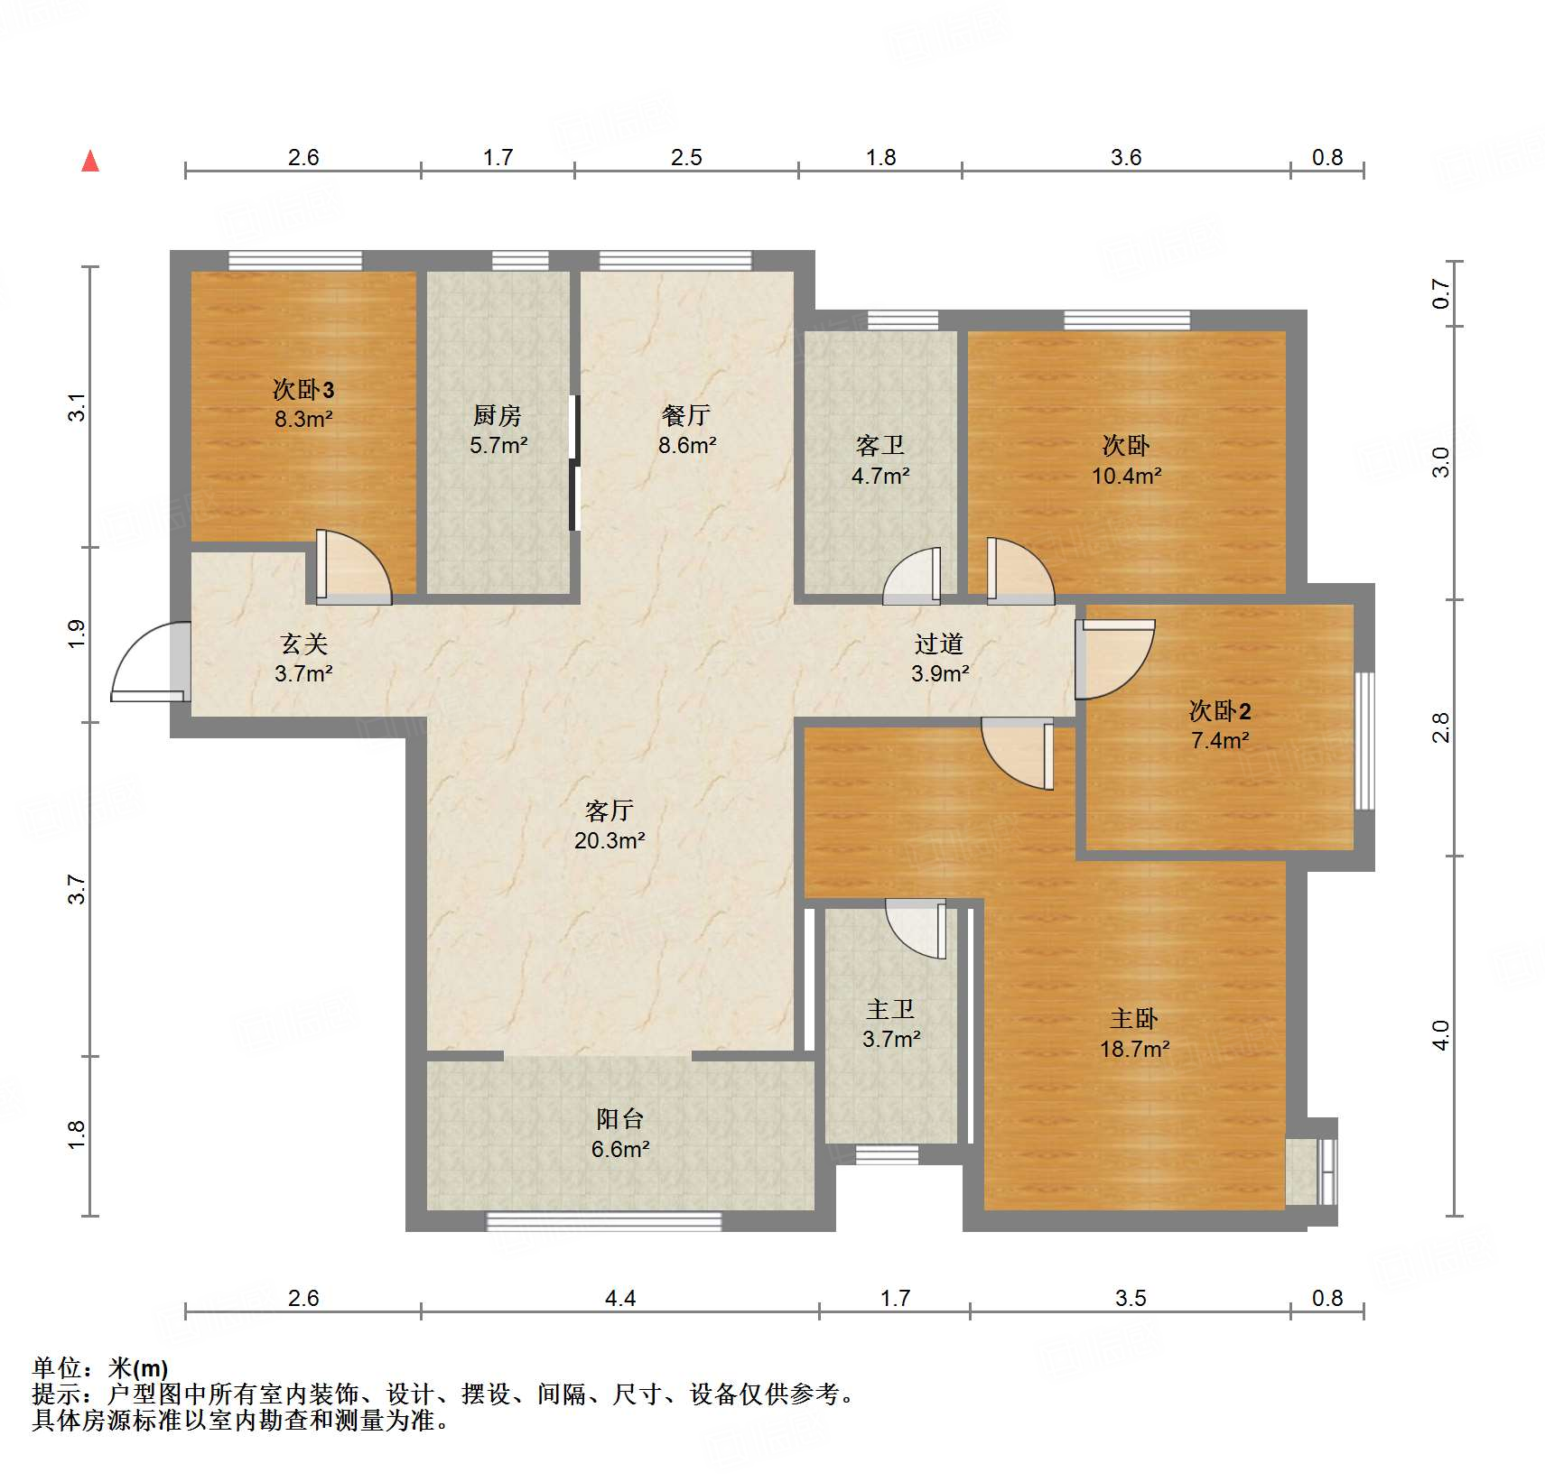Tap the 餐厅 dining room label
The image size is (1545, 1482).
pyautogui.click(x=686, y=415)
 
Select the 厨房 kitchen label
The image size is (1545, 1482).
pyautogui.click(x=498, y=415)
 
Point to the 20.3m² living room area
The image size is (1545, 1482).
pyautogui.click(x=610, y=840)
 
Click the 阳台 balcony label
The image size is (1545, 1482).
pyautogui.click(x=620, y=1119)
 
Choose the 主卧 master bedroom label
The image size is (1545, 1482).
pyautogui.click(x=1134, y=1019)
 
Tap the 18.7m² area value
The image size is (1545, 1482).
pyautogui.click(x=1134, y=1049)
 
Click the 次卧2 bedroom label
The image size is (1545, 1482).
pyautogui.click(x=1220, y=711)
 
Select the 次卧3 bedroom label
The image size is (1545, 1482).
pyautogui.click(x=303, y=390)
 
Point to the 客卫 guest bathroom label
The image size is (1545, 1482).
pyautogui.click(x=880, y=445)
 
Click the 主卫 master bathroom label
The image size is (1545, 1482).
pyautogui.click(x=891, y=1009)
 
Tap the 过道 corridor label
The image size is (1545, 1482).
pyautogui.click(x=939, y=644)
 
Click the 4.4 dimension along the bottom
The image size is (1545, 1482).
pyautogui.click(x=620, y=1298)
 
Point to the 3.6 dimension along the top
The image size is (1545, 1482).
pyautogui.click(x=1126, y=157)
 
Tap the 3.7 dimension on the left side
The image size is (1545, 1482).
pyautogui.click(x=78, y=889)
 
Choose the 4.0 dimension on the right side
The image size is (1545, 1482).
pyautogui.click(x=1441, y=1035)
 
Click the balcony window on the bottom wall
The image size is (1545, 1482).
pyautogui.click(x=604, y=1221)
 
